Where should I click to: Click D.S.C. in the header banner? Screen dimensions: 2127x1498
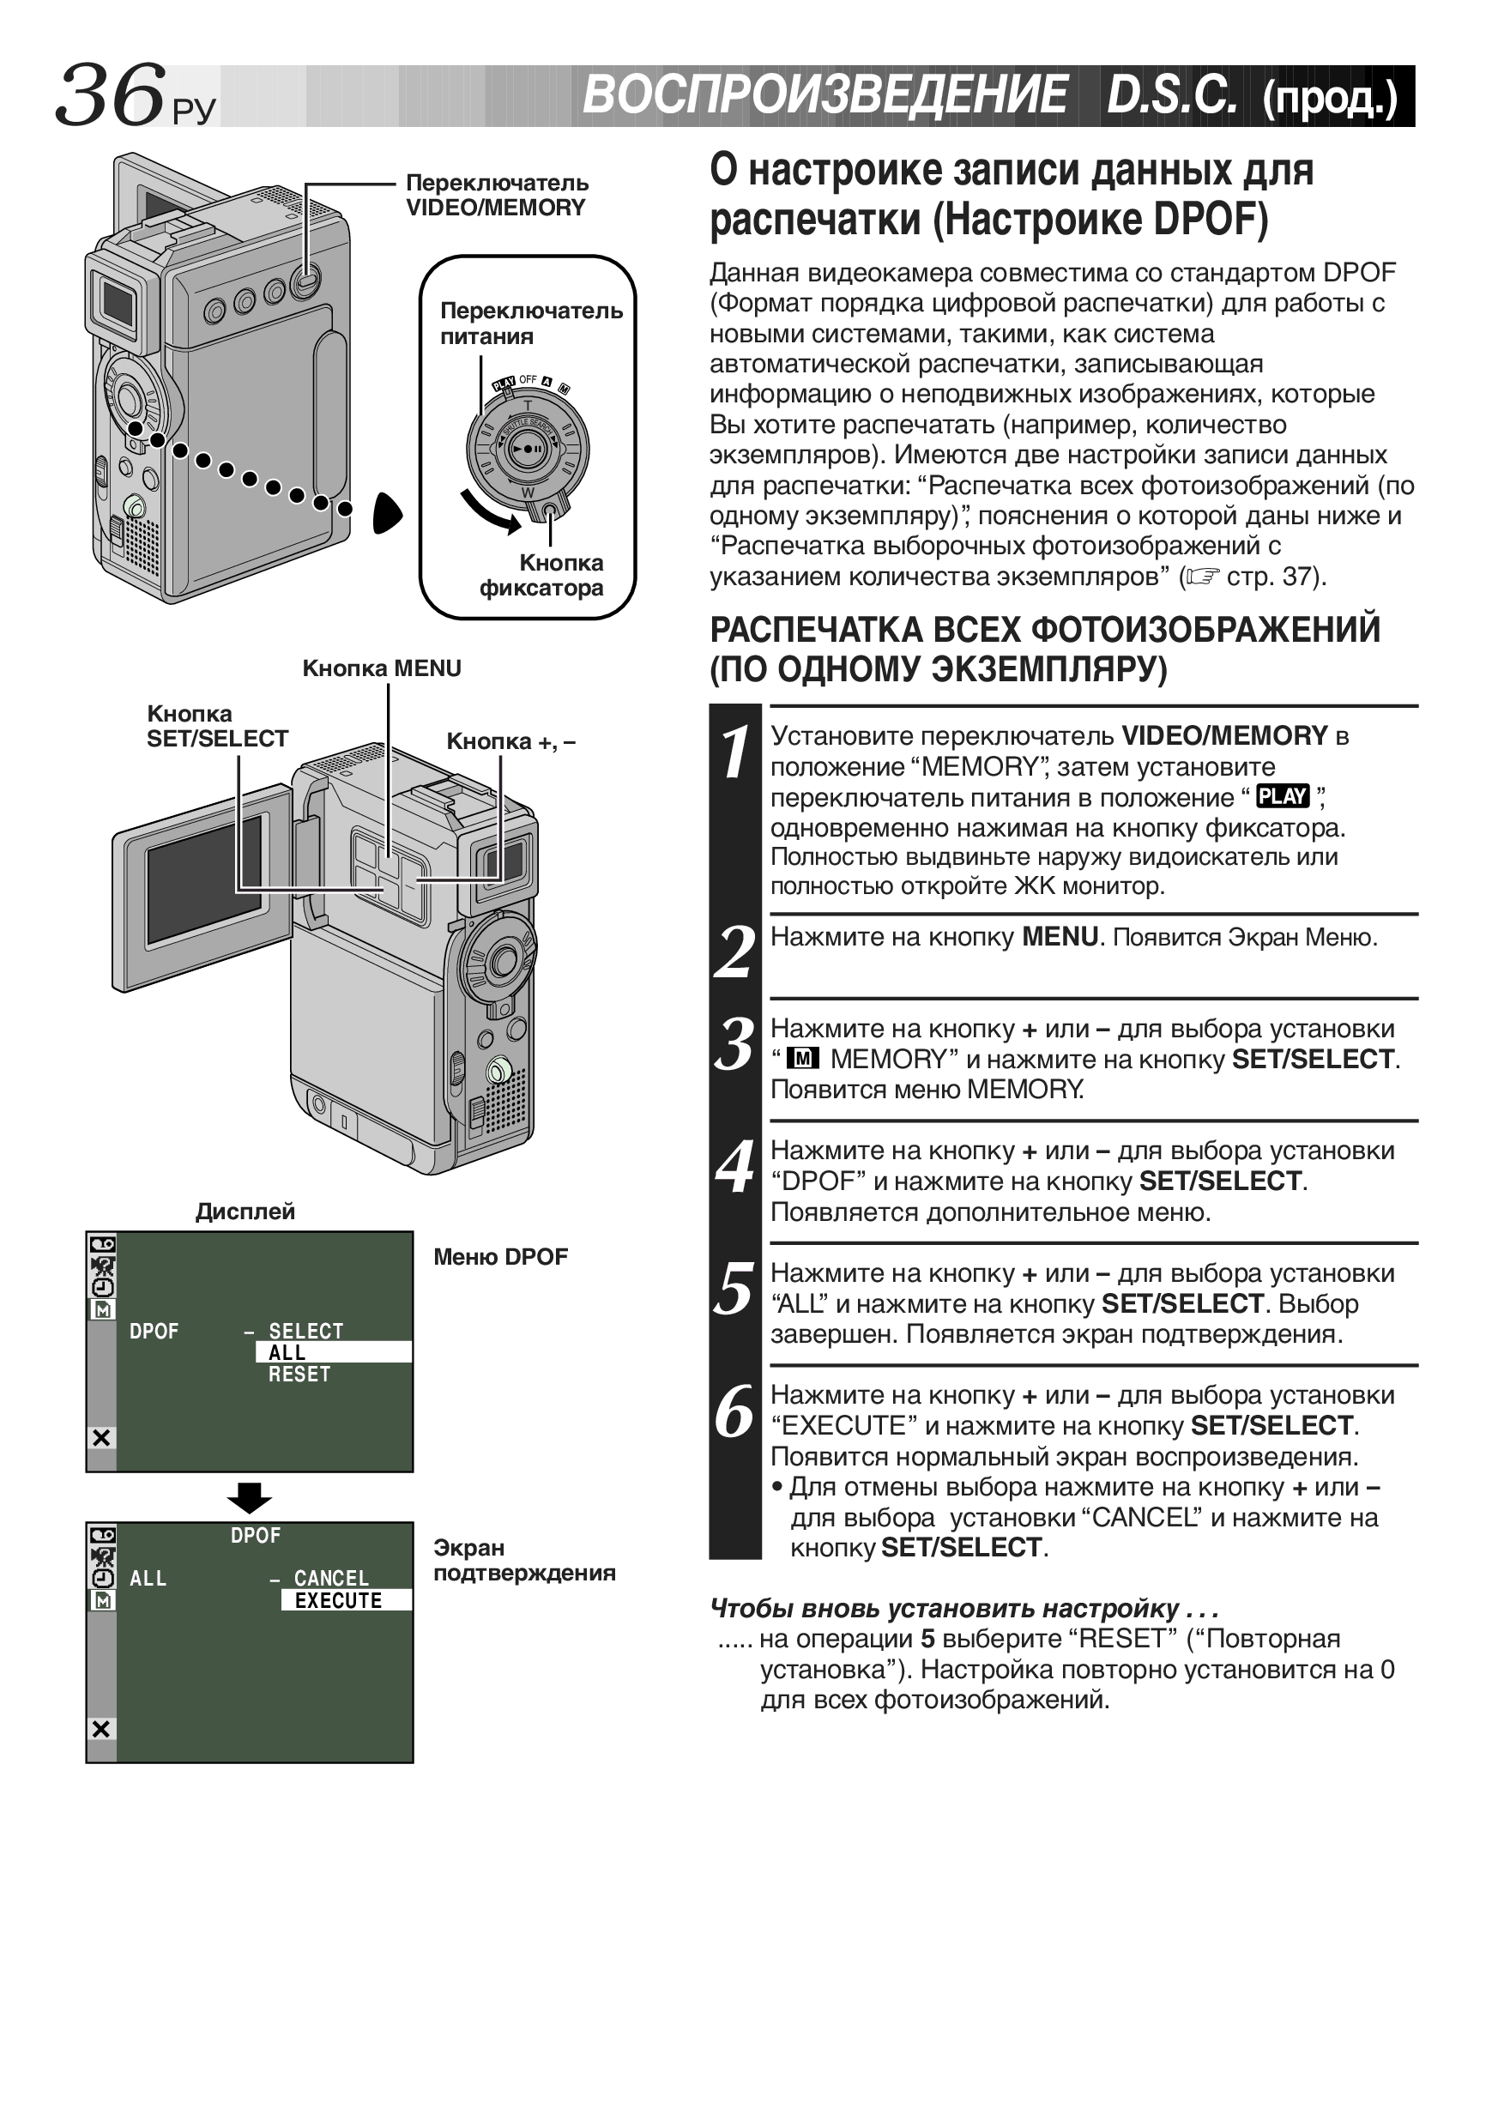(1171, 95)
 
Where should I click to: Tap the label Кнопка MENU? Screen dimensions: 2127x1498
(382, 668)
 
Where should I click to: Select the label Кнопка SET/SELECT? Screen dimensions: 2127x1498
(217, 726)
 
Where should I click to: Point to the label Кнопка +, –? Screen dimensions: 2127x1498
(510, 741)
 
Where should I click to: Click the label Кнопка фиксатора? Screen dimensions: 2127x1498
(542, 575)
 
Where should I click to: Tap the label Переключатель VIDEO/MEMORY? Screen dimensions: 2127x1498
(497, 195)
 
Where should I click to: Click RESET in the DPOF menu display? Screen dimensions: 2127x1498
(299, 1375)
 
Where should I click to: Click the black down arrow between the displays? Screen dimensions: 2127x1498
(249, 1497)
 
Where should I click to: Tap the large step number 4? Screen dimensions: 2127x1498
(734, 1167)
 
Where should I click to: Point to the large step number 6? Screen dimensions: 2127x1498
(734, 1411)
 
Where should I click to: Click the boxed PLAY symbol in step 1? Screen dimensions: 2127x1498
(1282, 795)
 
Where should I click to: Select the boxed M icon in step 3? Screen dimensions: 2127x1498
(802, 1059)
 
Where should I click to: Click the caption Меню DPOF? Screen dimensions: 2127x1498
(500, 1257)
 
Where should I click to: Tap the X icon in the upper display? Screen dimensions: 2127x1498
(101, 1438)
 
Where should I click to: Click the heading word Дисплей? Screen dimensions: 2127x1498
(245, 1211)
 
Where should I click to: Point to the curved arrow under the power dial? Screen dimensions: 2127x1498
(490, 512)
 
